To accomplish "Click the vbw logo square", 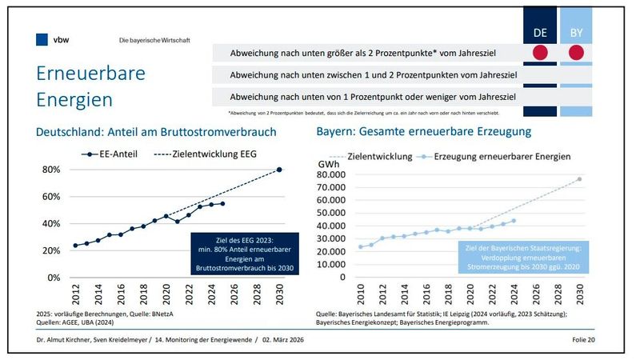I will point(42,38).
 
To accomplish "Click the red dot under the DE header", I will point(540,54).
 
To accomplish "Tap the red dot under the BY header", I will point(576,54).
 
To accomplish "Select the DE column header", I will point(540,33).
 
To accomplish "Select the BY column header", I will point(576,33).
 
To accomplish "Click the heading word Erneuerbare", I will point(90,74).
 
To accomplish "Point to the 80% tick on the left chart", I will point(50,170).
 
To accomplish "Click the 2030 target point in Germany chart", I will point(279,170).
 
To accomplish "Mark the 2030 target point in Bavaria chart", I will point(579,178).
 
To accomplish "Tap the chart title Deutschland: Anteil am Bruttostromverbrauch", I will point(157,131).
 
